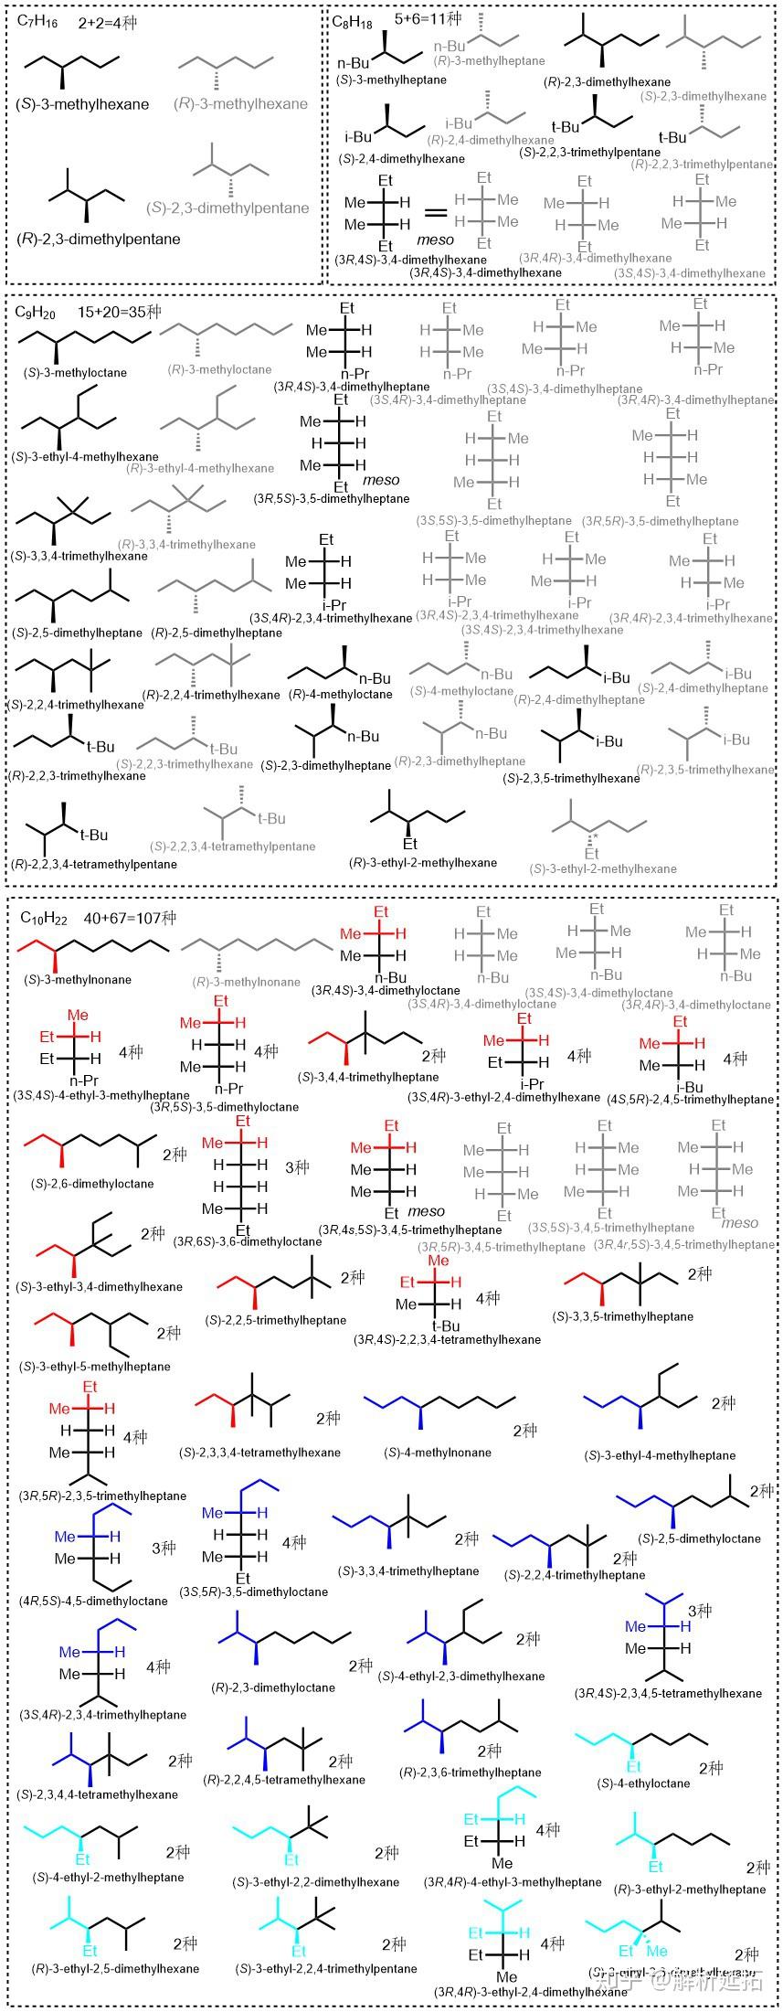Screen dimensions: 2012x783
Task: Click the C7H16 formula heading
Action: [x=38, y=23]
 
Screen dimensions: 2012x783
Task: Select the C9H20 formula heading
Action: [x=36, y=313]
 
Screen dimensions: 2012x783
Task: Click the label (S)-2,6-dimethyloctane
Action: [x=86, y=1183]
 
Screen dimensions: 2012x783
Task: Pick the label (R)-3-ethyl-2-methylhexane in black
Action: [x=423, y=862]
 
